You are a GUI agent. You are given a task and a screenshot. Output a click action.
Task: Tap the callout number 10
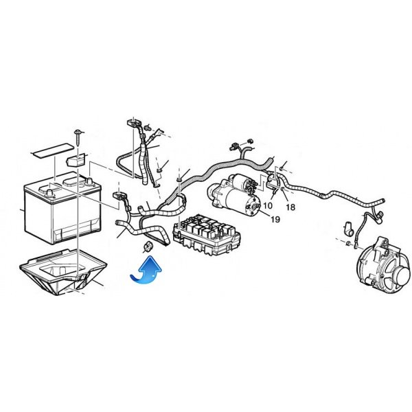click(x=268, y=205)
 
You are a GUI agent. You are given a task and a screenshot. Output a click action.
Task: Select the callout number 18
click(x=290, y=207)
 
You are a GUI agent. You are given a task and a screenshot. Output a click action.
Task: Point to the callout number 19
click(x=275, y=219)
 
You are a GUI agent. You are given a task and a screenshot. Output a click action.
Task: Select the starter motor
click(x=234, y=198)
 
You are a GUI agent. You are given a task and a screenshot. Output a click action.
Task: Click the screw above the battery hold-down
click(x=78, y=137)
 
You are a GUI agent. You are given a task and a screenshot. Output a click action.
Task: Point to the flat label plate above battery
click(x=52, y=150)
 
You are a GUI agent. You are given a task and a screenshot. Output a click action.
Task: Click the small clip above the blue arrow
click(x=148, y=246)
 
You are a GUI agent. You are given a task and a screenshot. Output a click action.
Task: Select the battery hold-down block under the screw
click(x=76, y=160)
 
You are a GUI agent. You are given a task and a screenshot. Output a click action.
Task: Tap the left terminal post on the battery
click(x=49, y=194)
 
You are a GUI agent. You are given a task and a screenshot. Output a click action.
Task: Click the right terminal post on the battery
click(x=89, y=181)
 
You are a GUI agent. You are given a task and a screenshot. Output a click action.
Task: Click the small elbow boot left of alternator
click(x=349, y=229)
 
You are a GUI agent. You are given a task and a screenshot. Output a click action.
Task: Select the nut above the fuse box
click(x=179, y=179)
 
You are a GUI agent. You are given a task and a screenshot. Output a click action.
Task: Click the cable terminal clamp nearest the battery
click(x=119, y=196)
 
